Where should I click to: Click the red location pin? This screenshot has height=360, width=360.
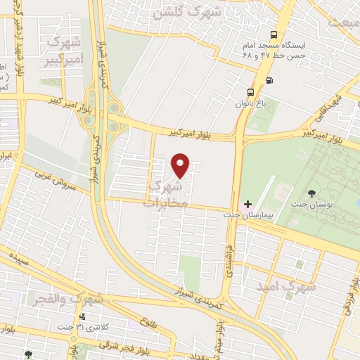coord(181,165)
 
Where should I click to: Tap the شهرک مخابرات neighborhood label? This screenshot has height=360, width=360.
coord(167,193)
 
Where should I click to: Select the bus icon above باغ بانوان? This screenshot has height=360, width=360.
coord(251,92)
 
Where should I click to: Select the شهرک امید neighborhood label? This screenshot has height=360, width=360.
coord(290,286)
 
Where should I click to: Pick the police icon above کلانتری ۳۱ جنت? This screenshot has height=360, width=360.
coord(83,317)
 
